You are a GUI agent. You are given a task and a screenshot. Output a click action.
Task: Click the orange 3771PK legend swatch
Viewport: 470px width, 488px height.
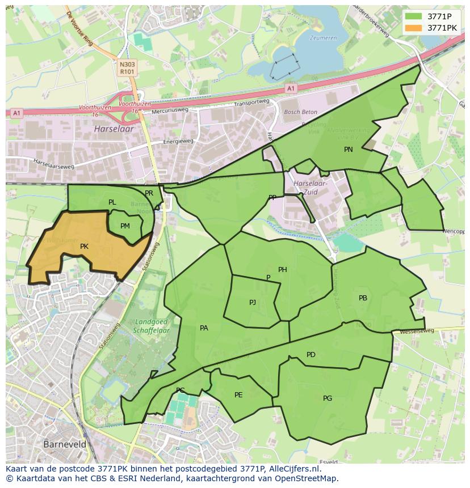click(414, 27)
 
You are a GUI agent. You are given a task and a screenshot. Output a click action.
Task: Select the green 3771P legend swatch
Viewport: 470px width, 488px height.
click(414, 16)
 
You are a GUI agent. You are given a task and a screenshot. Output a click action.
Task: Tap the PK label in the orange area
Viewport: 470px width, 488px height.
click(84, 247)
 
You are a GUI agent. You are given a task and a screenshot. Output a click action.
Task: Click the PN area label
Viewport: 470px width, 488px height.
click(348, 150)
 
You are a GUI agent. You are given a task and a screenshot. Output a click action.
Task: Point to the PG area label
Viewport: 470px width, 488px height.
click(328, 398)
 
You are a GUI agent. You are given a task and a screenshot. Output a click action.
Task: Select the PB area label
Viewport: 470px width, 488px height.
click(363, 298)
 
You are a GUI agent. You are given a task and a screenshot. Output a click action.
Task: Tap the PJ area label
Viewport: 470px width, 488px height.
click(253, 303)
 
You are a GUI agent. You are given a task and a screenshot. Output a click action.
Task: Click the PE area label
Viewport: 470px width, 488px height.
click(238, 395)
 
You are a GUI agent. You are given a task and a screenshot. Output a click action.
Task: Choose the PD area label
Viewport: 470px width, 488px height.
click(310, 355)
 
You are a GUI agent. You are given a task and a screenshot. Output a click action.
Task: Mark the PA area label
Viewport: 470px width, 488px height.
click(204, 328)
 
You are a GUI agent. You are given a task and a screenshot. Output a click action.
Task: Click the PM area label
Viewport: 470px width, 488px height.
click(125, 226)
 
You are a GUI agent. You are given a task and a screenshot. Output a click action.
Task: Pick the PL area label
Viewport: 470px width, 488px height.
click(112, 202)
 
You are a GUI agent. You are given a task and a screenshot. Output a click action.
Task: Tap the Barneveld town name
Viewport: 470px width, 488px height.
click(65, 444)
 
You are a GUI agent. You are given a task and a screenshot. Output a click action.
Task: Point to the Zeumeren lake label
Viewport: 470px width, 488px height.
click(323, 38)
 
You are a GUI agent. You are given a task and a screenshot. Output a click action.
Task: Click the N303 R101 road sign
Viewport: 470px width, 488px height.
click(127, 69)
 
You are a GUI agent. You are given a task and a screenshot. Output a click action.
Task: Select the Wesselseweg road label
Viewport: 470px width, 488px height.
click(417, 330)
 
